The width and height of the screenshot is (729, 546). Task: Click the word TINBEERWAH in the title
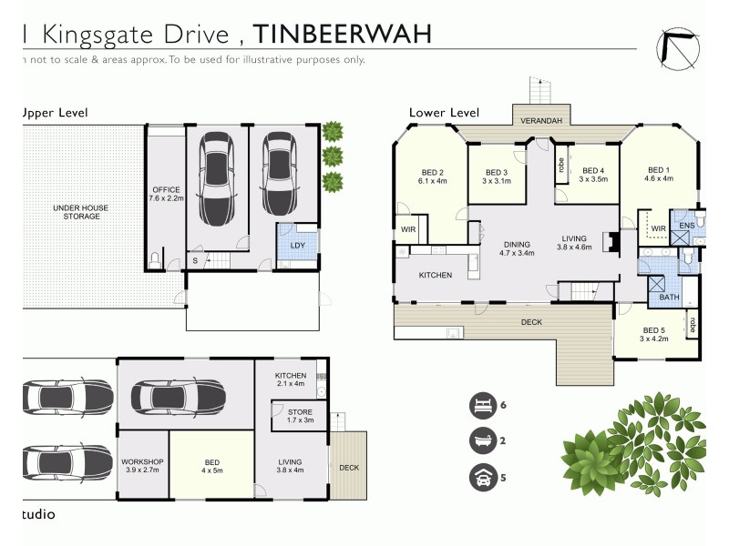[342, 34]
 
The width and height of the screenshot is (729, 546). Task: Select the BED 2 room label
[433, 177]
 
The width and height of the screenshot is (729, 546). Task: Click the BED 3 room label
[496, 177]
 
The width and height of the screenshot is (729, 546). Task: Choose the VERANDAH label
[540, 121]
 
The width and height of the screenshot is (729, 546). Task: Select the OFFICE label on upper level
[167, 193]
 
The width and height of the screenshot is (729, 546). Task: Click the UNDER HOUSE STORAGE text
[80, 212]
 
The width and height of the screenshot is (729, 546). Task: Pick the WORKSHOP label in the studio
[142, 467]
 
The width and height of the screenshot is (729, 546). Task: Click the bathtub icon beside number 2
[480, 441]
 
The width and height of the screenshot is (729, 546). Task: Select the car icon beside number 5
[480, 476]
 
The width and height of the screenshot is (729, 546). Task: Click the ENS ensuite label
[686, 225]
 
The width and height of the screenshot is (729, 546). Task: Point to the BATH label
[670, 298]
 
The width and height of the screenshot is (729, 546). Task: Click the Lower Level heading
[444, 112]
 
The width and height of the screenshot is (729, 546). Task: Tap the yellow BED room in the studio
[210, 465]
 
